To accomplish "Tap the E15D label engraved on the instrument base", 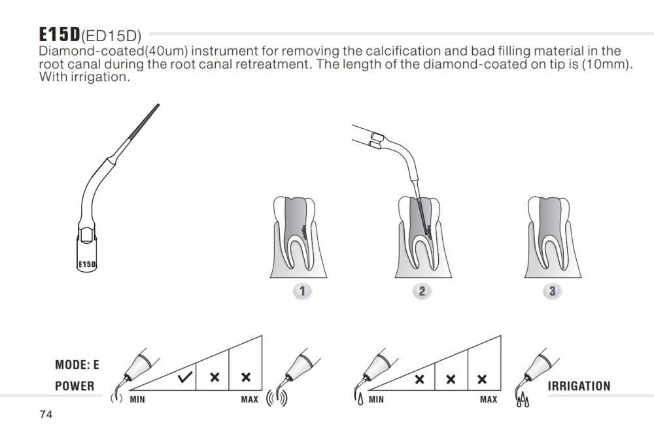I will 87,265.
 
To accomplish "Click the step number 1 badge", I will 302,291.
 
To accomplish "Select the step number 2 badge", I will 422,291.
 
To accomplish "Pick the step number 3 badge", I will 553,291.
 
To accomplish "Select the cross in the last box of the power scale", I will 246,378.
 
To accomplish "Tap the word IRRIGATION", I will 579,386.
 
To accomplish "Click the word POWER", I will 75,386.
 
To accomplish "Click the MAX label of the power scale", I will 250,399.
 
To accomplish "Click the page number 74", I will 46,415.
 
